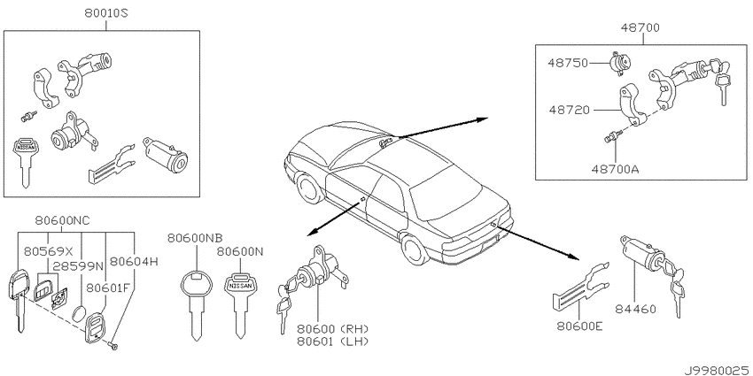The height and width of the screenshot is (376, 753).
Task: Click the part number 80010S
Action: (x=106, y=14)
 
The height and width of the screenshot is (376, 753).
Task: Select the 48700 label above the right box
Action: (x=640, y=28)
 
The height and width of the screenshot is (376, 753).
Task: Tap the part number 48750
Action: (x=569, y=64)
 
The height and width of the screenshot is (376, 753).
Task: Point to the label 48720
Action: (x=569, y=110)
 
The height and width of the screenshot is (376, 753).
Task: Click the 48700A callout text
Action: (x=617, y=169)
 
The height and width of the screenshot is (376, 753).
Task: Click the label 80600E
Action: (x=579, y=327)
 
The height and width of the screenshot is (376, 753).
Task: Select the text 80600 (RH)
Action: (x=332, y=329)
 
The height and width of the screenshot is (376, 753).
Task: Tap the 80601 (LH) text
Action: (x=332, y=341)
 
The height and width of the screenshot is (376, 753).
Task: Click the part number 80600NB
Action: (x=195, y=238)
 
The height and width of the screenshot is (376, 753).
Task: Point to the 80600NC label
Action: (x=62, y=220)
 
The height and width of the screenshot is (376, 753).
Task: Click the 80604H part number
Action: (x=134, y=261)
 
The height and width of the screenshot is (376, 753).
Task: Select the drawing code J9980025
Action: (x=718, y=371)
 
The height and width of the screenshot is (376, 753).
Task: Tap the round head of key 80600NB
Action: (x=197, y=286)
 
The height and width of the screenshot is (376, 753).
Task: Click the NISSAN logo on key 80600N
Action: (x=240, y=286)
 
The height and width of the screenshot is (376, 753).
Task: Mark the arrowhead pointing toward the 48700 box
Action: (x=482, y=119)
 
